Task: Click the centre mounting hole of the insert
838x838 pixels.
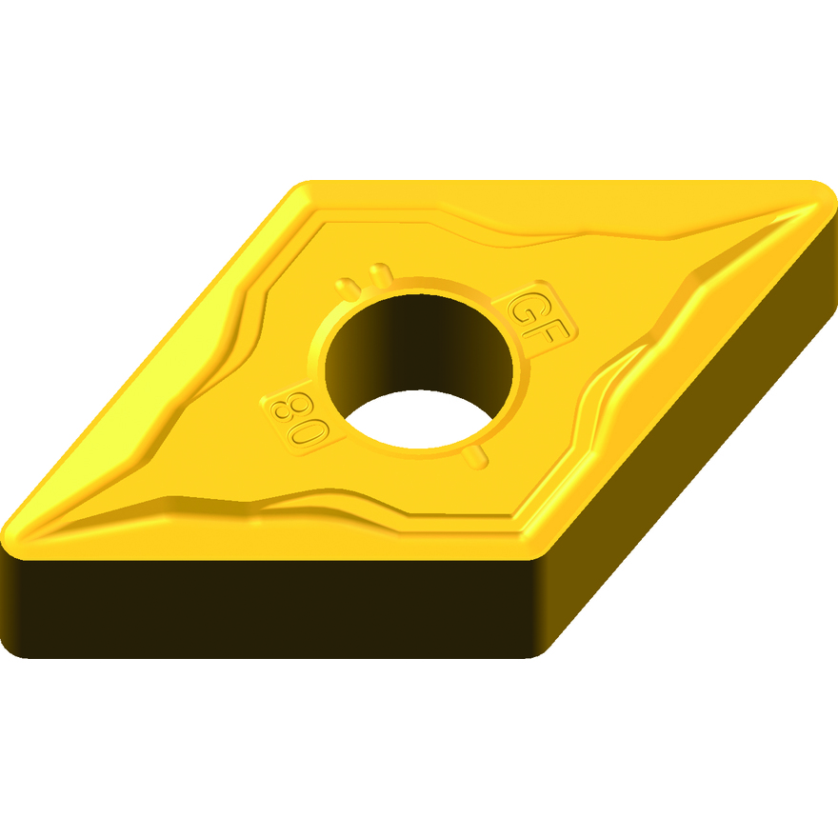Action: (x=418, y=370)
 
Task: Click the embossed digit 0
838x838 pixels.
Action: (x=309, y=431)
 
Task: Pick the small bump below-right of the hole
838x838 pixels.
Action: (x=474, y=457)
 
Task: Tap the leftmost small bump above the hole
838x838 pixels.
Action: (x=348, y=289)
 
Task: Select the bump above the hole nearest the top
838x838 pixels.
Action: (x=381, y=274)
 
